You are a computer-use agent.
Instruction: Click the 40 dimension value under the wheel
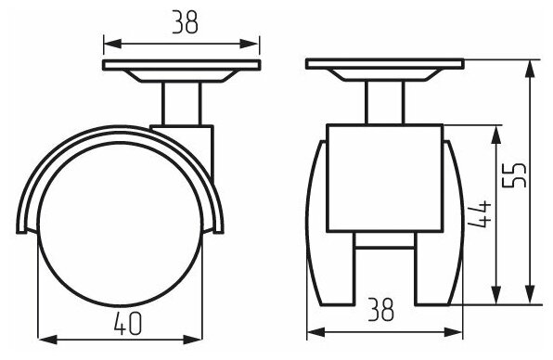tap(128, 323)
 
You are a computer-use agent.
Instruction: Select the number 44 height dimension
tap(479, 214)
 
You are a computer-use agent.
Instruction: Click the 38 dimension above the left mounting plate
tap(186, 22)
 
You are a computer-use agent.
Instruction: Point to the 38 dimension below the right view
tap(380, 310)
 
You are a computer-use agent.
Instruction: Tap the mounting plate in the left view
tap(182, 65)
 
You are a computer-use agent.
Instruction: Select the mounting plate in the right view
tap(384, 64)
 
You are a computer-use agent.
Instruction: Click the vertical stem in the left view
tap(181, 104)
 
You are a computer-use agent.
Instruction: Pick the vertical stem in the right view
tap(384, 103)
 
